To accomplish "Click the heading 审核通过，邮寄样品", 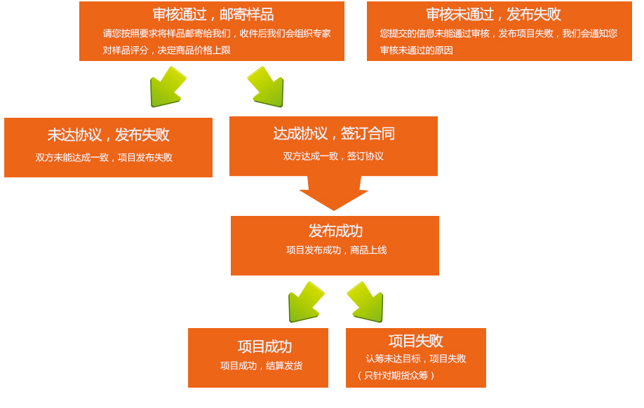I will click(213, 14).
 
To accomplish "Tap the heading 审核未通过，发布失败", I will click(493, 14).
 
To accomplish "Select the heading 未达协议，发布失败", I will click(108, 135).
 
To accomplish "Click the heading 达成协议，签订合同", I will click(334, 133).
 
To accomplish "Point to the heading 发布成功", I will click(335, 231).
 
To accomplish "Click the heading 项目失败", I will click(415, 341).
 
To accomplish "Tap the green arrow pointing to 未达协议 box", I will click(167, 88).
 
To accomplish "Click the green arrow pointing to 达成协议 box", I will click(267, 88).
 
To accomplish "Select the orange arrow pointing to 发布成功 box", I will click(334, 193).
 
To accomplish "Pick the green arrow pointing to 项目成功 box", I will click(305, 303).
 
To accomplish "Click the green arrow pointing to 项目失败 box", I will click(366, 303).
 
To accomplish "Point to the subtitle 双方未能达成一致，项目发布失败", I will click(104, 158).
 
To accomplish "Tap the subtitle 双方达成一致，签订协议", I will click(333, 156).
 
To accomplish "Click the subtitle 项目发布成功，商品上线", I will click(336, 250).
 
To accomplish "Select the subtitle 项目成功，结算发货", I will click(261, 366).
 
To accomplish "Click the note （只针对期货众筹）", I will click(396, 376).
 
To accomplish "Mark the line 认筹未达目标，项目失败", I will click(415, 359).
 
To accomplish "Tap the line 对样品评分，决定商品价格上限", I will click(166, 50).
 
